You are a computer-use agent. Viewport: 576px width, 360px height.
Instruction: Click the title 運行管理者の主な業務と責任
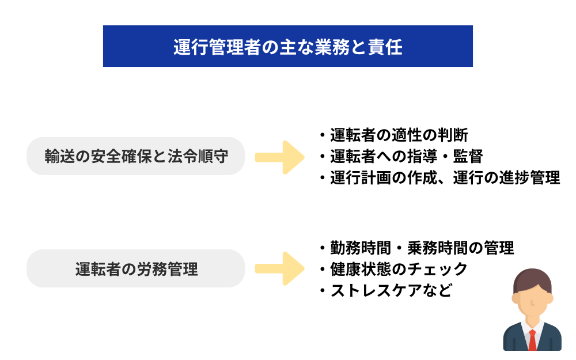click(x=288, y=47)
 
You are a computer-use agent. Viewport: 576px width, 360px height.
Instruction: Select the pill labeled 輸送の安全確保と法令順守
click(x=136, y=156)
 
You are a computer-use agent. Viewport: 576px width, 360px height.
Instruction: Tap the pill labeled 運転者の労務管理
click(x=136, y=268)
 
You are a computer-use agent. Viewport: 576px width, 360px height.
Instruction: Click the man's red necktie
click(x=532, y=339)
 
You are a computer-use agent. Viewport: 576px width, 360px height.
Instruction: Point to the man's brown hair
click(x=532, y=280)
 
